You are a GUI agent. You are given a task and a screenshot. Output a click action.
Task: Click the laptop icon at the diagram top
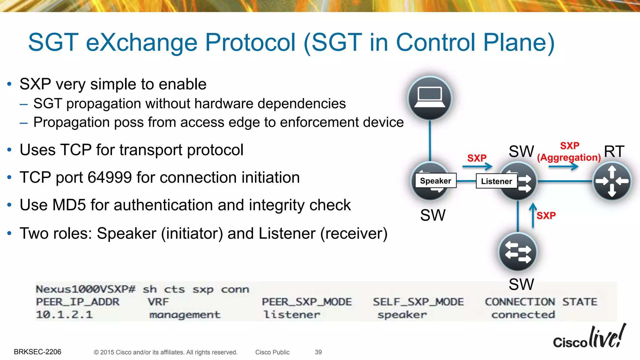(430, 98)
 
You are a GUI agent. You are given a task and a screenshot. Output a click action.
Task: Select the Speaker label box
(435, 181)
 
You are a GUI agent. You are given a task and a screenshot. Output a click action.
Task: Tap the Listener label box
(496, 181)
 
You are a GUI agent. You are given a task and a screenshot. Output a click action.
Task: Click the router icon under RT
(612, 181)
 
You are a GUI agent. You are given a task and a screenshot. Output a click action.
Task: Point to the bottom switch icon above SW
(518, 252)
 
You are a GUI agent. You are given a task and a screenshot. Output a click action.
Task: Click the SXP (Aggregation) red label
(569, 152)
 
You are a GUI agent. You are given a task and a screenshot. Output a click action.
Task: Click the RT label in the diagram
(614, 152)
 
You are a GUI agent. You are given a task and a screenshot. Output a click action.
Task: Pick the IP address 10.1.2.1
(64, 315)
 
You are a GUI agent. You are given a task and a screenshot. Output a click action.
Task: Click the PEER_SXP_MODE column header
(307, 302)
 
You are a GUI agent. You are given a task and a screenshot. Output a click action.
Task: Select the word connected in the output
(523, 315)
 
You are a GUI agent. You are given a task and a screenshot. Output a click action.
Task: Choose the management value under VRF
(185, 315)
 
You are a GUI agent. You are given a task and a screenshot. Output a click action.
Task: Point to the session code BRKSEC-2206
(37, 352)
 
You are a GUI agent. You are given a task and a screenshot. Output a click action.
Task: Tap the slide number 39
(318, 352)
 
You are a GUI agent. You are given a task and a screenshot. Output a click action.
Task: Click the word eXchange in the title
(142, 42)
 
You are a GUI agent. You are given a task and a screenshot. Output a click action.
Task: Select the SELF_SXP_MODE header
(418, 302)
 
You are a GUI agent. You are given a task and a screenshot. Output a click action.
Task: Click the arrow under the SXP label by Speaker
(477, 167)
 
